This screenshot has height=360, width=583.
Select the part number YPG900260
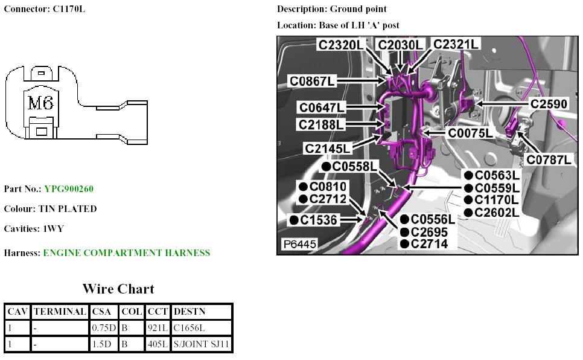tap(69, 189)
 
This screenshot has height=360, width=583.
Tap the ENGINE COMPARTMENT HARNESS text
tap(126, 253)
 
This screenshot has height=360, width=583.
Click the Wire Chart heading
tap(118, 289)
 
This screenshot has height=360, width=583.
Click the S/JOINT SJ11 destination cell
tap(202, 344)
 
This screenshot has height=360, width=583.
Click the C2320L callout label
tap(342, 45)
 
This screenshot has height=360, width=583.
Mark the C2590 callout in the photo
tap(549, 104)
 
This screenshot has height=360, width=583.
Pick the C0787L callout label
tap(549, 160)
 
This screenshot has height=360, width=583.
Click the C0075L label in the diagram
tap(470, 133)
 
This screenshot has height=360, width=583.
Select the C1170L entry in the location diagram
tap(497, 200)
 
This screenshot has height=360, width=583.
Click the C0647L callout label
tap(322, 108)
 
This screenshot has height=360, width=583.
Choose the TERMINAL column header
tap(59, 312)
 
